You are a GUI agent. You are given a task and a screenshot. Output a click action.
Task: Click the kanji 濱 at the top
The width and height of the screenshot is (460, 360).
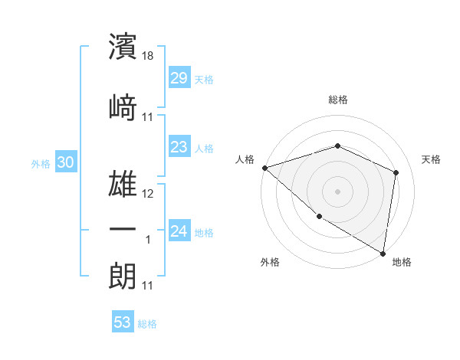(123, 47)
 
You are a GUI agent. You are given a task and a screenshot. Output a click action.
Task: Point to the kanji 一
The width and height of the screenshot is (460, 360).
(123, 230)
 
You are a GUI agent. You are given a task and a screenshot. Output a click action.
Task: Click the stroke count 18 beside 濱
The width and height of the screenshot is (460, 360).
(149, 56)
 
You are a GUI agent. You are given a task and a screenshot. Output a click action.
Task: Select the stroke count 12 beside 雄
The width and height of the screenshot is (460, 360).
(149, 194)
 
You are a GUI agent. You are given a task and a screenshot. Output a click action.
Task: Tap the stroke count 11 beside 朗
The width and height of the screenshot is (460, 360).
(149, 286)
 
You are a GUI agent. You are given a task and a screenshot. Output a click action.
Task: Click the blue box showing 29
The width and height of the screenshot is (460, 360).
(179, 78)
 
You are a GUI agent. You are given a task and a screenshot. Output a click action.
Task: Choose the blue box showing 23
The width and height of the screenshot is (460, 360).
(179, 147)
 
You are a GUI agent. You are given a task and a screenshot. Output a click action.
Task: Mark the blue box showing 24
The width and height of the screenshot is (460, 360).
(179, 231)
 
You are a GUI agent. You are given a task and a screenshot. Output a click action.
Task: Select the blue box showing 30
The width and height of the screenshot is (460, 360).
(65, 162)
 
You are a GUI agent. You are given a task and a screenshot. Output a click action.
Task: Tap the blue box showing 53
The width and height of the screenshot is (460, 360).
(123, 322)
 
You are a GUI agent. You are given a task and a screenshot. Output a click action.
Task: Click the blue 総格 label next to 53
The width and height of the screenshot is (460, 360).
(147, 324)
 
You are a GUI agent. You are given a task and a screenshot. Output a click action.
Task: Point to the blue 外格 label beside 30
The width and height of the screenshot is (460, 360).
(41, 164)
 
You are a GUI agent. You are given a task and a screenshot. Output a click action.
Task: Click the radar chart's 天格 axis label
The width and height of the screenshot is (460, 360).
(432, 159)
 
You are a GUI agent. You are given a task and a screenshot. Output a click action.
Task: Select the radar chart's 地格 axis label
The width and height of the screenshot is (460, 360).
(402, 262)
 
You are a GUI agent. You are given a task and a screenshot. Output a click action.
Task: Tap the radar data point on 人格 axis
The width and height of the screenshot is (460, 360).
(264, 168)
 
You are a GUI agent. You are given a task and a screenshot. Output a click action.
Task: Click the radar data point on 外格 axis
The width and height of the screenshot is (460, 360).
(319, 216)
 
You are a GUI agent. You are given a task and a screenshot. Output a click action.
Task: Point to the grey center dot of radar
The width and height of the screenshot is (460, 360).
(337, 191)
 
